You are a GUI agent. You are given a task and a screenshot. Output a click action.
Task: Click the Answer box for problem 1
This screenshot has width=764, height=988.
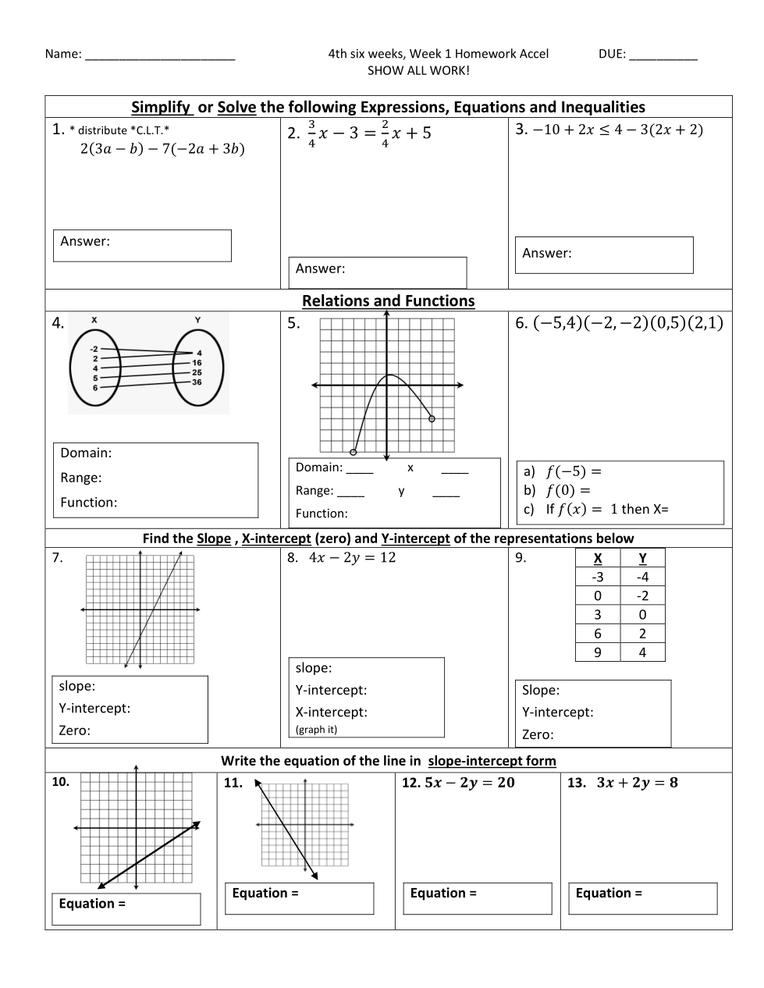click(142, 245)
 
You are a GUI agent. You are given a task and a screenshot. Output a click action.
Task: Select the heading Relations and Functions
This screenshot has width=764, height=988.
click(388, 300)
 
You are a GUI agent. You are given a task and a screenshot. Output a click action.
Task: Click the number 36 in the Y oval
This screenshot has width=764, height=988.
click(197, 382)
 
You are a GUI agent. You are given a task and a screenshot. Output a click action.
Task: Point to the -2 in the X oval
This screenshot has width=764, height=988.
click(94, 349)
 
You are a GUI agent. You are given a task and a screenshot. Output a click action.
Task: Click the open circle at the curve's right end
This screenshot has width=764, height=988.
click(432, 419)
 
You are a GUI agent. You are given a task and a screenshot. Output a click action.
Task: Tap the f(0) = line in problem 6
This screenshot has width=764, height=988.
click(567, 490)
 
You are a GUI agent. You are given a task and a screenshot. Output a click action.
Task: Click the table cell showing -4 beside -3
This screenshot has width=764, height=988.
click(642, 578)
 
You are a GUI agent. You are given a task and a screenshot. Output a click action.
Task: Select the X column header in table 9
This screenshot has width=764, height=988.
click(598, 558)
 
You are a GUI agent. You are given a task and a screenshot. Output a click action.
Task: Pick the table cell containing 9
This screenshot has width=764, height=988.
click(598, 652)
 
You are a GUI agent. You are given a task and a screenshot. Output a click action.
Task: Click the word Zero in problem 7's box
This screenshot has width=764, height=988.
click(75, 730)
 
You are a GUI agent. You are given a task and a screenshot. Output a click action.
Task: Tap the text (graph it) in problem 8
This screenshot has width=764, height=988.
click(317, 730)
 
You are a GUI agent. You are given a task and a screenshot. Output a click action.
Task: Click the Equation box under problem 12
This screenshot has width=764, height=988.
click(477, 898)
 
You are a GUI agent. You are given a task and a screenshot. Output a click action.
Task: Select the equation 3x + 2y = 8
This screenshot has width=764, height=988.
click(637, 783)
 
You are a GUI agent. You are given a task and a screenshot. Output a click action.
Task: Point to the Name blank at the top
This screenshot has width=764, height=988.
click(159, 55)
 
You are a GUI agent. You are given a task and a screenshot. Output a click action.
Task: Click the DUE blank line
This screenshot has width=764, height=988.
click(663, 55)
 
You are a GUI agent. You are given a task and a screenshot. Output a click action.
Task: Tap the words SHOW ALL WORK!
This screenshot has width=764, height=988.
click(419, 71)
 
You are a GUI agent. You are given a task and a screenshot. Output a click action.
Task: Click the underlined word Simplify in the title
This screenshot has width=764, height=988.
click(162, 107)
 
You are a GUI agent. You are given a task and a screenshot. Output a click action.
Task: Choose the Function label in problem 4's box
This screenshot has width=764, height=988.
click(89, 503)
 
